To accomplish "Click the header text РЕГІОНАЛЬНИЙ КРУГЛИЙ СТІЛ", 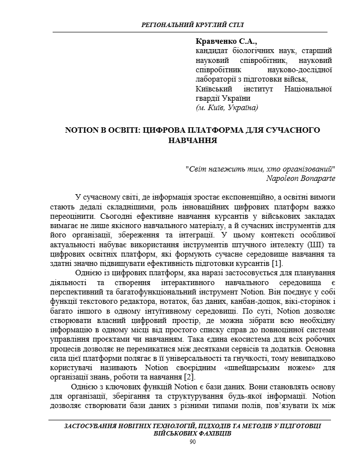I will click(x=192, y=24).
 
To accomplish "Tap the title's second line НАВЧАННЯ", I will click(x=192, y=140).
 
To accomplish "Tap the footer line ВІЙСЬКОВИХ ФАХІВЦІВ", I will click(x=192, y=434).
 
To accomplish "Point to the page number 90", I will click(x=192, y=442).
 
